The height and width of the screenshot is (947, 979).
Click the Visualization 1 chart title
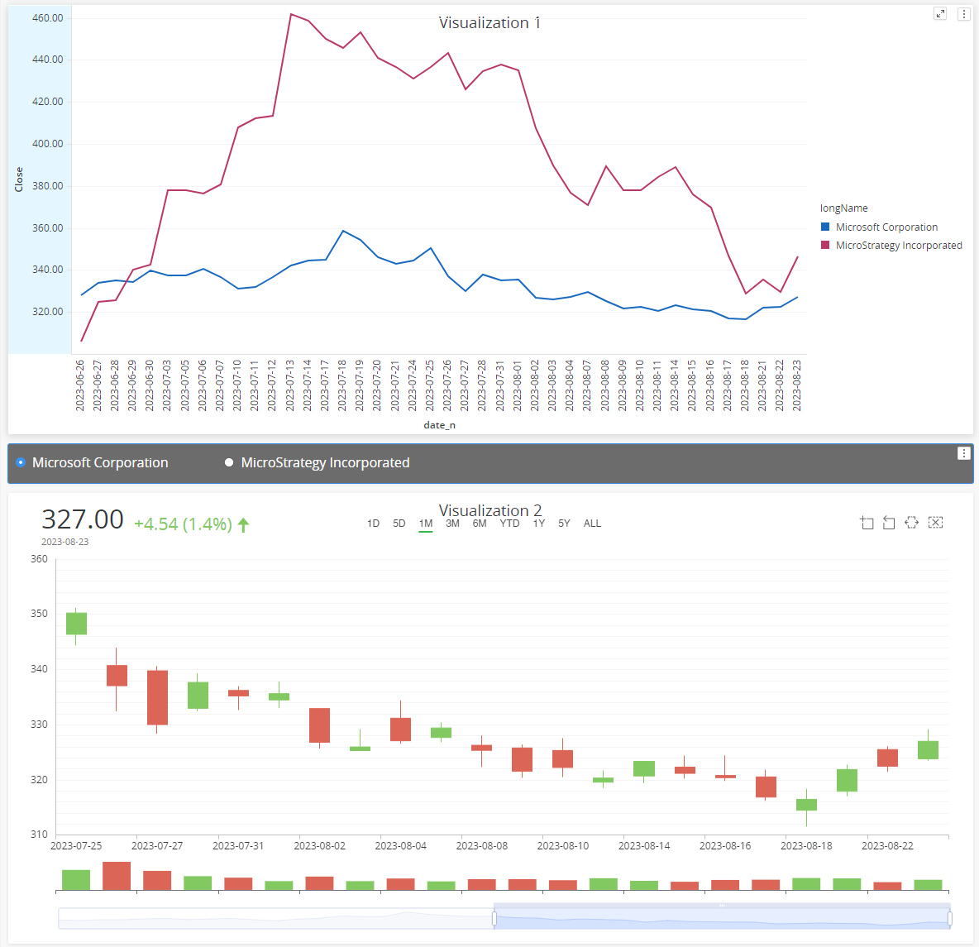tap(489, 23)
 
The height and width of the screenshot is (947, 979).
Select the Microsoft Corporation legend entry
tap(886, 227)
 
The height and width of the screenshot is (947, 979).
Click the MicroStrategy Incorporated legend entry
tap(898, 246)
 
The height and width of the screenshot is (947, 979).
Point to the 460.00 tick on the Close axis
tap(47, 18)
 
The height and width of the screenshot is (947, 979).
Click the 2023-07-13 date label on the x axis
tap(290, 385)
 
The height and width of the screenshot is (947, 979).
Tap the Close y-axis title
tap(19, 179)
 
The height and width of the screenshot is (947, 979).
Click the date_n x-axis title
tap(439, 425)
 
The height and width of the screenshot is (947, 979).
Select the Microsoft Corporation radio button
tap(21, 463)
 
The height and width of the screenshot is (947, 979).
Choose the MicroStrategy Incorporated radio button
tap(229, 463)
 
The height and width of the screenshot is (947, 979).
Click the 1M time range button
tap(425, 524)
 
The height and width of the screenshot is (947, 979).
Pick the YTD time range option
tap(509, 524)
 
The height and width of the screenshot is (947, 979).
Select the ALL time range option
tap(592, 524)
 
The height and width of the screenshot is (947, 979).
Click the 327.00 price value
tap(83, 519)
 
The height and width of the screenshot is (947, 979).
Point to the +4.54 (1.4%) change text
tap(183, 524)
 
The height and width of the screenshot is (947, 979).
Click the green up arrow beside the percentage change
tap(243, 524)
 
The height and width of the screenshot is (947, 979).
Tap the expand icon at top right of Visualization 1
tap(940, 14)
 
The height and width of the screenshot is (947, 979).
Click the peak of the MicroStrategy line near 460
tap(290, 14)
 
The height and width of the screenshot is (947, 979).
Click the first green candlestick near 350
tap(76, 624)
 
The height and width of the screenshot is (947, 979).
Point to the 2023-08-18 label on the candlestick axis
tap(806, 846)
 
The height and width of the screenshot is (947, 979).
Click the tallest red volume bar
tap(117, 876)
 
